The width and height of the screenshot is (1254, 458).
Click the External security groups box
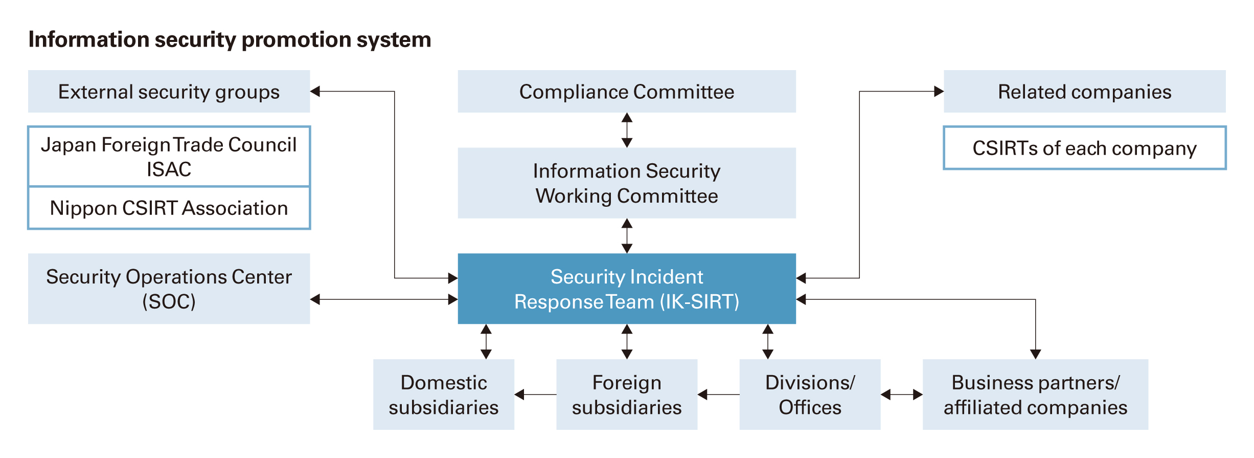(169, 92)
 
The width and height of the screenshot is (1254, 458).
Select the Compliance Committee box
(626, 92)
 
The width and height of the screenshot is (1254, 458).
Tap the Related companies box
(1084, 92)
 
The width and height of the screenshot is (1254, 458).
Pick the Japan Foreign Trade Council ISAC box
(169, 157)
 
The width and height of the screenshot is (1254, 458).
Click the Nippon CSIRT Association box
(169, 208)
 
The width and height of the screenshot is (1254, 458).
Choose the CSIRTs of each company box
(1084, 148)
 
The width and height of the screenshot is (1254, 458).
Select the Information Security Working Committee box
(626, 183)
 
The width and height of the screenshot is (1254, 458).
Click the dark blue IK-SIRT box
(626, 289)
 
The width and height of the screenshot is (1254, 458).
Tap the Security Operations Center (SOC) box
(169, 289)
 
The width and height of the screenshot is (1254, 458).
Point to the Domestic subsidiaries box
(443, 395)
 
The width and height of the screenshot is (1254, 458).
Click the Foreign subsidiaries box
(626, 395)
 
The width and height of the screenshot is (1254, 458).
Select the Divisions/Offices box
(810, 395)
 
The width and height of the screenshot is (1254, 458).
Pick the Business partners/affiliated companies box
(1035, 395)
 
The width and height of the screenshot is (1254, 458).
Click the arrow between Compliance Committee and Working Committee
(627, 130)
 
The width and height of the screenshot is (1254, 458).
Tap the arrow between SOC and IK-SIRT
(383, 299)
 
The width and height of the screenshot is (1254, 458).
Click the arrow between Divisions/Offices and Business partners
(901, 395)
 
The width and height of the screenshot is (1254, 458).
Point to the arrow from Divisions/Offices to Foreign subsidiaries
(718, 395)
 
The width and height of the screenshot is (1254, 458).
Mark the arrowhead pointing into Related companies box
(939, 92)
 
